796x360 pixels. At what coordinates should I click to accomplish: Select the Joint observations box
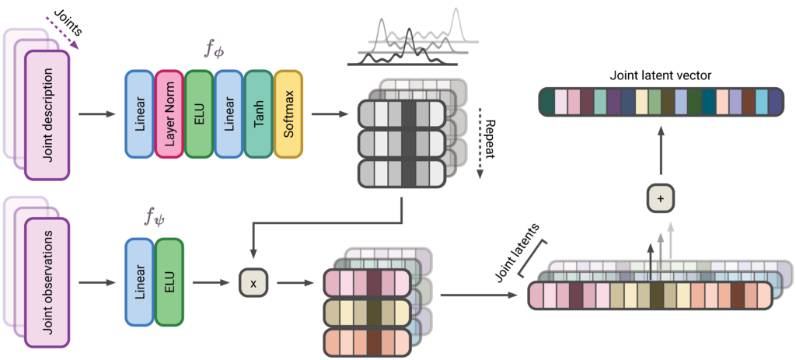coord(47,283)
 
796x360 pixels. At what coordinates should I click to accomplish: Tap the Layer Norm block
coord(169,115)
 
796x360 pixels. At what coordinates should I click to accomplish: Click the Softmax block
coord(288,115)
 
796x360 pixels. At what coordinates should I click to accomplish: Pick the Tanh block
coord(259,115)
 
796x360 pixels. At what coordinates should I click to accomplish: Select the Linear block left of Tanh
coord(229,115)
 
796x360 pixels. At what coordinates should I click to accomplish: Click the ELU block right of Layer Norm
coord(199,115)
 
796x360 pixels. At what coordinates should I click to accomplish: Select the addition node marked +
coord(661,199)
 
